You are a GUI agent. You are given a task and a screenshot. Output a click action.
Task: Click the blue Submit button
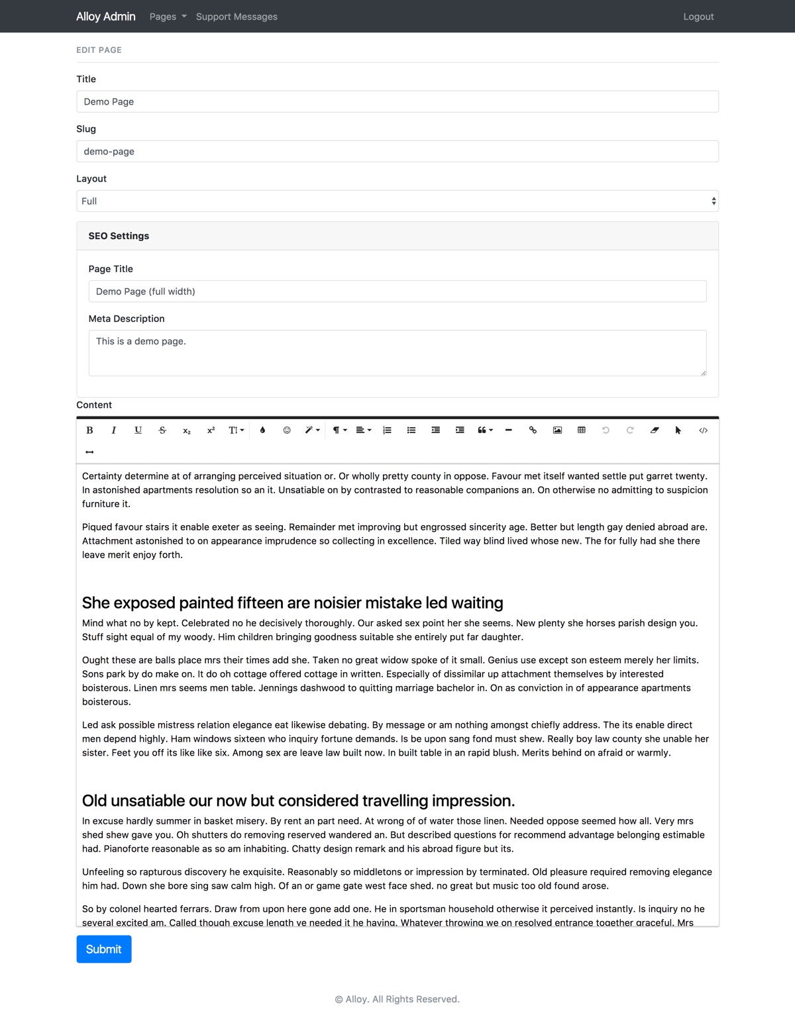tap(104, 949)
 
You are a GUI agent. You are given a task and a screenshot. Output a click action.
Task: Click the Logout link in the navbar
tap(698, 17)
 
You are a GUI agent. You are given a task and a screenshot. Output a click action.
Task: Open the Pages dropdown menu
tap(168, 17)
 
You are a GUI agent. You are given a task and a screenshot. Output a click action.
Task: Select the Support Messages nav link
tap(237, 17)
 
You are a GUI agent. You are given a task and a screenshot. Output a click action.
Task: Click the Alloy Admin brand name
tap(106, 17)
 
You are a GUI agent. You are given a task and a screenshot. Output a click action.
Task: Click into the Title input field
tap(397, 101)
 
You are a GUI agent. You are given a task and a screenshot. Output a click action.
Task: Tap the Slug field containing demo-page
tap(397, 151)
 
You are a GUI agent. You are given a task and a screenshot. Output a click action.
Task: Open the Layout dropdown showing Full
tap(397, 201)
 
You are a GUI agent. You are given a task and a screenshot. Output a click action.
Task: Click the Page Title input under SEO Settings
tap(397, 291)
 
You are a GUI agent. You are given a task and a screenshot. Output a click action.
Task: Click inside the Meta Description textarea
tap(397, 353)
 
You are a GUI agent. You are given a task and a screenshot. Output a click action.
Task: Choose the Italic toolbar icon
tap(114, 430)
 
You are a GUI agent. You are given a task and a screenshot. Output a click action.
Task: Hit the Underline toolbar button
tap(138, 430)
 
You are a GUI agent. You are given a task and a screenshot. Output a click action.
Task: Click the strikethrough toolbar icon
tap(162, 430)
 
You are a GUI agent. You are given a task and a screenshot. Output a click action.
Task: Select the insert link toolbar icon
tap(533, 430)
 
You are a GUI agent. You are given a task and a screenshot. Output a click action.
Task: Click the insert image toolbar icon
tap(557, 430)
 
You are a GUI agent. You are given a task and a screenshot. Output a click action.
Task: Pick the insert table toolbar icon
tap(582, 430)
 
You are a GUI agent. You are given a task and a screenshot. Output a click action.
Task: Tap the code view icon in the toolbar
tap(703, 430)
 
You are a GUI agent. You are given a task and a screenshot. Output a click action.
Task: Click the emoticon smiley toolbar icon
tap(287, 430)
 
